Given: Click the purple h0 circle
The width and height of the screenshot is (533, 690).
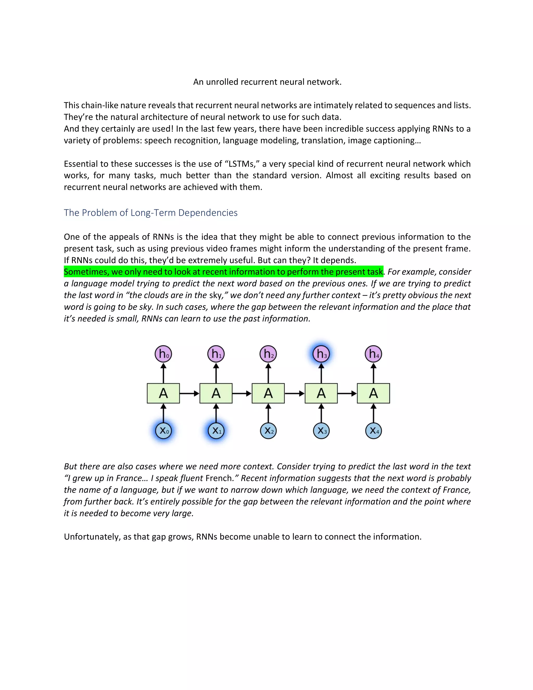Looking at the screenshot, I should (163, 354).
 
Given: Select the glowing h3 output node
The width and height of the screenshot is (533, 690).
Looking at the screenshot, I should (321, 354).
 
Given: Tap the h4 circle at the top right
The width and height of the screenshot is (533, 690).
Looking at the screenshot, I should (373, 354).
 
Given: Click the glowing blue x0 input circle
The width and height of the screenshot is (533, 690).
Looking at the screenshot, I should (163, 431).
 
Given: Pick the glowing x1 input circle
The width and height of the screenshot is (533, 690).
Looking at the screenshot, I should (216, 431).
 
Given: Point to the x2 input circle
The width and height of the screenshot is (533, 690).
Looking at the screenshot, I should (268, 431).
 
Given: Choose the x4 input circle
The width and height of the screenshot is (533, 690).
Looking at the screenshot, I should (373, 431).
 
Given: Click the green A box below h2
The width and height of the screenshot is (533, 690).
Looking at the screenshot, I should (268, 393).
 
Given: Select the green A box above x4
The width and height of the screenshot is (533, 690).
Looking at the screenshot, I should (373, 393).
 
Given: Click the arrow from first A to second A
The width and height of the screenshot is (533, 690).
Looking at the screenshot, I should (189, 393).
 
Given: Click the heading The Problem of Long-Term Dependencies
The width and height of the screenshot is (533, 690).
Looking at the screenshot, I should (151, 213).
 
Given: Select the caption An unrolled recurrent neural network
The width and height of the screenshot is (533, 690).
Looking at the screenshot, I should (267, 82).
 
